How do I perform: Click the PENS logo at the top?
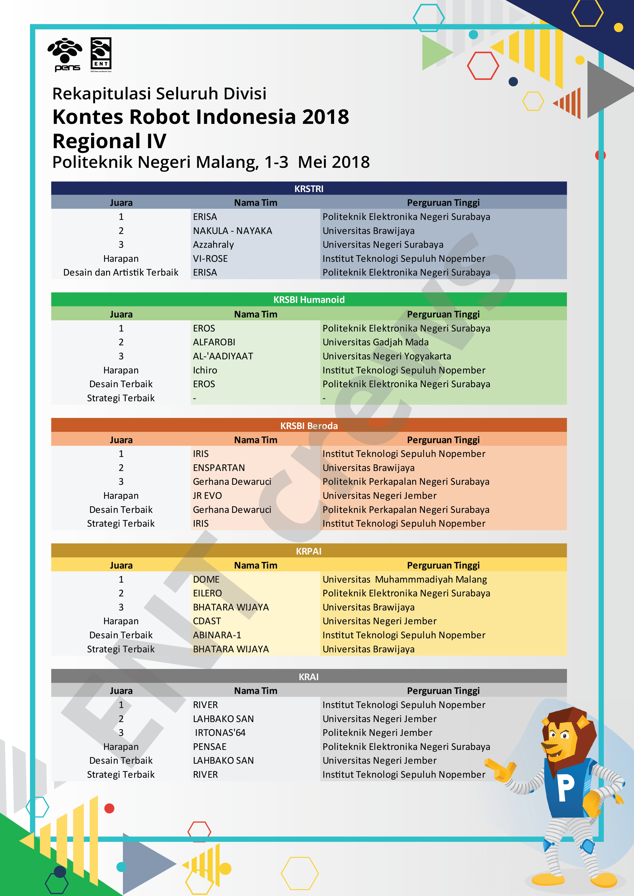point(65,55)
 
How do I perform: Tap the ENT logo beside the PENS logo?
point(101,55)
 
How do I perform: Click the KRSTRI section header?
point(309,189)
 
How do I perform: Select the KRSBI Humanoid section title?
point(309,300)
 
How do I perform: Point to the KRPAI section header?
point(308,551)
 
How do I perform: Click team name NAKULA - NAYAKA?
point(232,231)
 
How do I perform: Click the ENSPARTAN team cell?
point(219,467)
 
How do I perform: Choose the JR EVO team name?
point(207,496)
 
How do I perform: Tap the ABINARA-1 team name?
point(217,635)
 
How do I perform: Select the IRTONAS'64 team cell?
point(220,733)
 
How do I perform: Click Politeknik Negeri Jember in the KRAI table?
point(377,733)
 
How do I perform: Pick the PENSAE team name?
point(210,747)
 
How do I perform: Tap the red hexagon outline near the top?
point(483,66)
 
